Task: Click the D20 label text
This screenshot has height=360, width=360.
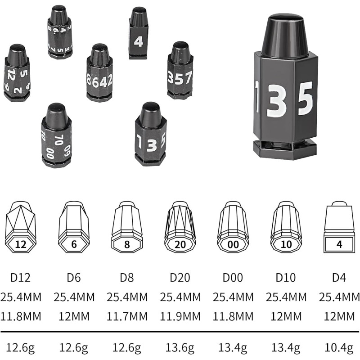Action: [x=180, y=278]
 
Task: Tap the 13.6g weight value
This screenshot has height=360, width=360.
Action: [x=180, y=347]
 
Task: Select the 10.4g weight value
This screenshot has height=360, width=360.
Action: [x=339, y=347]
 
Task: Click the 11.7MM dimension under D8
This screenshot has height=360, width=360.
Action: [x=127, y=316]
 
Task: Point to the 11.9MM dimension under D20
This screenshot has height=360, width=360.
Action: [x=180, y=316]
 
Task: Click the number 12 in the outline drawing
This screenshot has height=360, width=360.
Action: [x=21, y=244]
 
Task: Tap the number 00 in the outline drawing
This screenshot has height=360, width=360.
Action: [x=233, y=244]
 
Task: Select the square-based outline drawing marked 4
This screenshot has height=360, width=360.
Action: [x=339, y=227]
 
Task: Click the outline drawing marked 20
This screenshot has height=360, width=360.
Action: [x=180, y=227]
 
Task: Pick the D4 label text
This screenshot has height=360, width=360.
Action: [x=339, y=278]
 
